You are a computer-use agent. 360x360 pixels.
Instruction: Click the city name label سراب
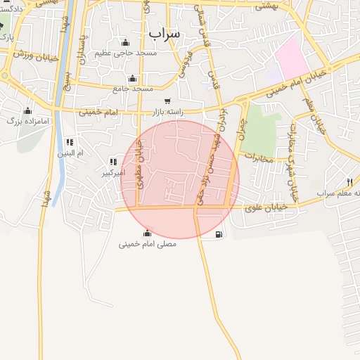(165, 32)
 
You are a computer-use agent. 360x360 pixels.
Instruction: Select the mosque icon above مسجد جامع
(132, 78)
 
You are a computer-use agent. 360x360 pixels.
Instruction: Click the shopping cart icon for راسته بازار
(167, 101)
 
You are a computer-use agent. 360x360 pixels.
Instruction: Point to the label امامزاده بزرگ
(28, 121)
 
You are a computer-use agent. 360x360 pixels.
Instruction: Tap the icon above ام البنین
(69, 142)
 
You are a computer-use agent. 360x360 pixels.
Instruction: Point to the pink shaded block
(291, 56)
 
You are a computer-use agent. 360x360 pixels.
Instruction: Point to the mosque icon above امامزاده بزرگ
(27, 110)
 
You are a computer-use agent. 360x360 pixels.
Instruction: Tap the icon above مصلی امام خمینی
(147, 233)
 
